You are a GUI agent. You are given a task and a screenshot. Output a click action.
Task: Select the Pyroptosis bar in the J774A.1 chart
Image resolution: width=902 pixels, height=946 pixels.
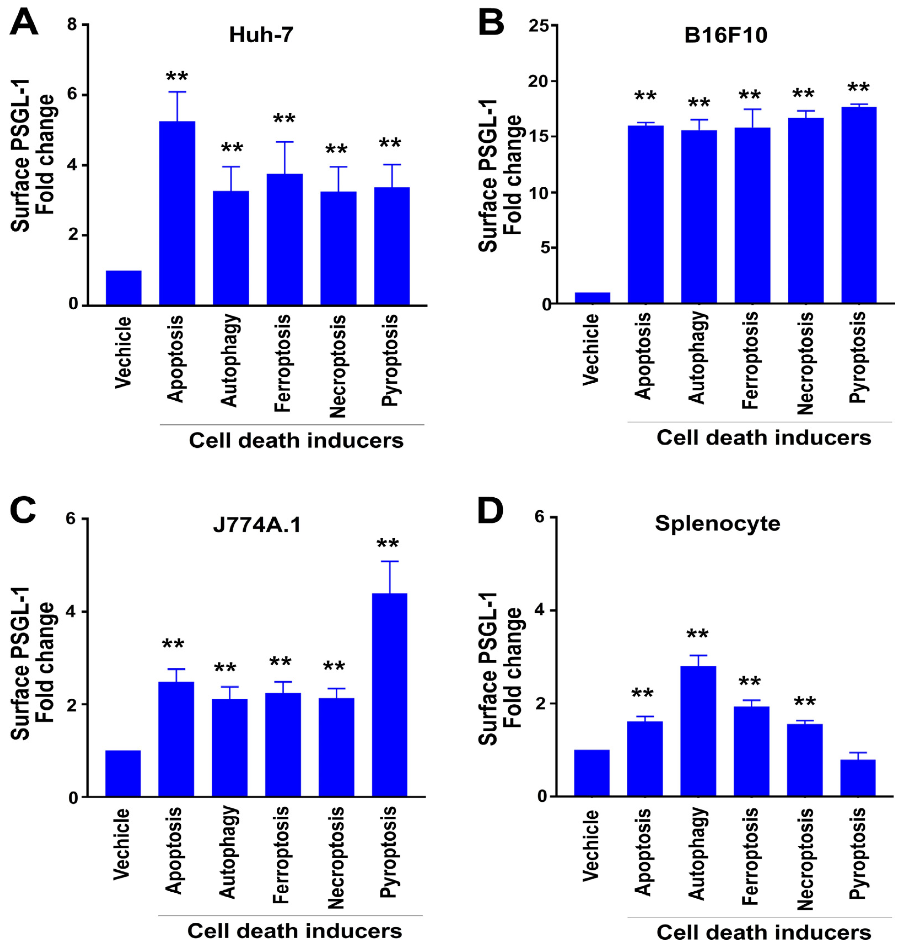[x=389, y=695]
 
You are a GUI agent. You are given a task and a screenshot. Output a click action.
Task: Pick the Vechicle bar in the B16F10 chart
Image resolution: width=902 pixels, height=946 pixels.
[x=592, y=298]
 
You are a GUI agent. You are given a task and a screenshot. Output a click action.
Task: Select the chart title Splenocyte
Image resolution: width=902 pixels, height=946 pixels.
[x=717, y=523]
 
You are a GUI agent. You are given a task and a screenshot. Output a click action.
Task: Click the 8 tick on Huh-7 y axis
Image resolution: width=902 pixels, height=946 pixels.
[x=72, y=24]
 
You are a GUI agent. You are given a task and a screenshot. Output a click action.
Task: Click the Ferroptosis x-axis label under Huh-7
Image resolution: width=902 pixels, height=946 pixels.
[x=283, y=363]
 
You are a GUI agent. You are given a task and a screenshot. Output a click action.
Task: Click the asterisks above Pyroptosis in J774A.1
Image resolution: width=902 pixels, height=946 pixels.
[x=387, y=544]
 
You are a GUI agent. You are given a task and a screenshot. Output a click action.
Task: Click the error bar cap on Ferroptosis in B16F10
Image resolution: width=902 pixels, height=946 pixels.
[x=752, y=110]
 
